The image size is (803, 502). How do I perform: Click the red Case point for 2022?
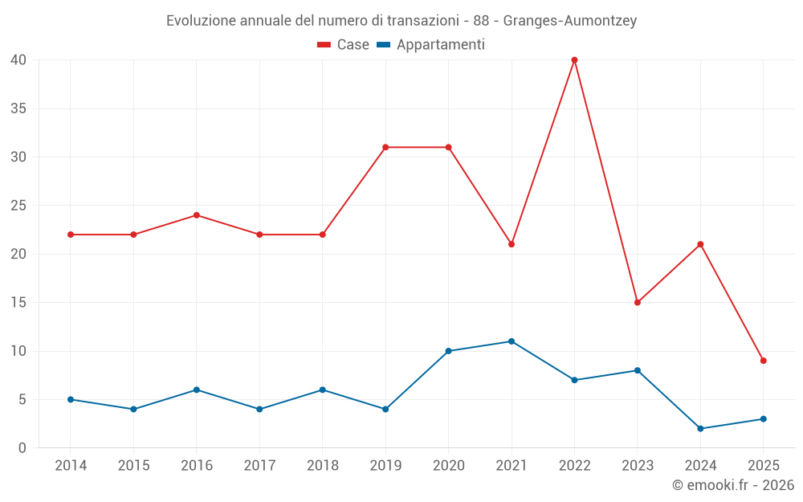(x=574, y=59)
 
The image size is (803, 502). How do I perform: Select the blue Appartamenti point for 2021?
(x=512, y=341)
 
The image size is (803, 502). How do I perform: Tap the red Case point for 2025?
(x=763, y=361)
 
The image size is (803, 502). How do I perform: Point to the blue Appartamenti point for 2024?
(x=700, y=428)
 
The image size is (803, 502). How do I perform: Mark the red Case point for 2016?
(x=196, y=215)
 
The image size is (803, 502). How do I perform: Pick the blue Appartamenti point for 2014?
(x=71, y=399)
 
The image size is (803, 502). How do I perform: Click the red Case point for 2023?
(x=637, y=302)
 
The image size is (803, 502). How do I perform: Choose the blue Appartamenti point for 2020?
(x=448, y=351)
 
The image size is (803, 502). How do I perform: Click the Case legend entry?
(x=344, y=45)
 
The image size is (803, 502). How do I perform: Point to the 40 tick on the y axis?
(x=18, y=59)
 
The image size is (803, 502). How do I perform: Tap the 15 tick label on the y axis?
(x=18, y=303)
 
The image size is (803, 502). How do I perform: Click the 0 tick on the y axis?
(x=22, y=448)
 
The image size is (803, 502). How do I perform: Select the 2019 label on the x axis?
(x=385, y=465)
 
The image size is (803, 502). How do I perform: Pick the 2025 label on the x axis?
(x=763, y=465)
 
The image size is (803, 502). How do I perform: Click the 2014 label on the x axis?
(x=71, y=465)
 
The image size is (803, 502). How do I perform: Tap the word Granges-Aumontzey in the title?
(x=570, y=21)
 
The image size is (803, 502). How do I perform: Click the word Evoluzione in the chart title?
(x=201, y=21)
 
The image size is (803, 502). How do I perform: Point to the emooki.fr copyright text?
(x=733, y=485)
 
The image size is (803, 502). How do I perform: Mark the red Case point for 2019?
(x=385, y=147)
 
